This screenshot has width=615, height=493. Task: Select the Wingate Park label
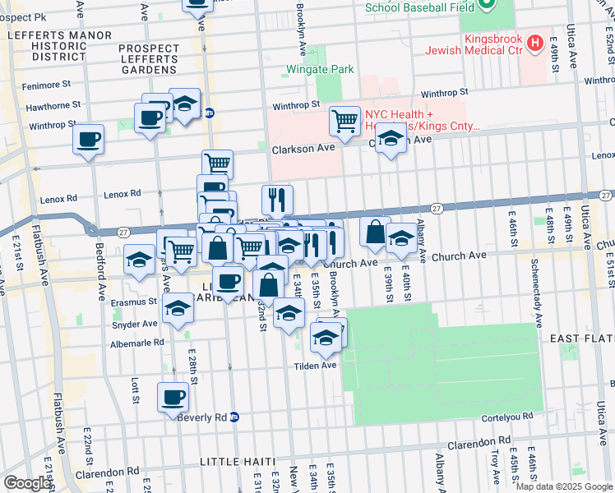click(x=320, y=69)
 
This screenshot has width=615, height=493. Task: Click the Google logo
click(x=27, y=483)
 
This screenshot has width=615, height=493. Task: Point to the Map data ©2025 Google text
click(x=564, y=486)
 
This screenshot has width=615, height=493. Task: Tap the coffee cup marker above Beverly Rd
click(x=173, y=398)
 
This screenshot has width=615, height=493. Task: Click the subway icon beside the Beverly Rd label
click(x=234, y=417)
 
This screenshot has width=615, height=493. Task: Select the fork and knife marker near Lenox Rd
click(x=277, y=199)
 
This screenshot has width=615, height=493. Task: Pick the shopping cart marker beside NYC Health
click(x=344, y=121)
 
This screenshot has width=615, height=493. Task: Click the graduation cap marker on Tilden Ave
click(x=326, y=336)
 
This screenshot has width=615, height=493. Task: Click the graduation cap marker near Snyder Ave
click(x=177, y=310)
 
